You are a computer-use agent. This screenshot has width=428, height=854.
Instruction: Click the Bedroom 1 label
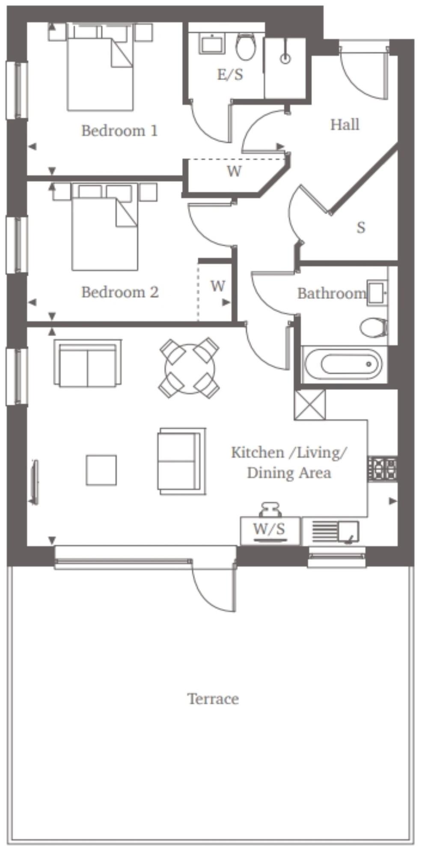pyautogui.click(x=119, y=131)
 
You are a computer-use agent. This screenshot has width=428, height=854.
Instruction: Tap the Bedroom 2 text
pyautogui.click(x=120, y=292)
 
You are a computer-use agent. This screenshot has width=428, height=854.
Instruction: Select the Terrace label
pyautogui.click(x=213, y=699)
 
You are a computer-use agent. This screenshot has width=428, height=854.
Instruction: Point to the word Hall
pyautogui.click(x=345, y=125)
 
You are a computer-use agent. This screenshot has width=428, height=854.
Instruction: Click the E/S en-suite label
pyautogui.click(x=230, y=75)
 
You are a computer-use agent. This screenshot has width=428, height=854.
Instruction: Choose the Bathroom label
pyautogui.click(x=332, y=293)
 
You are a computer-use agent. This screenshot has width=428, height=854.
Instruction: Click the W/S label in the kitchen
pyautogui.click(x=269, y=529)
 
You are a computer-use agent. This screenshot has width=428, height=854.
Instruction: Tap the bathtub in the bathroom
pyautogui.click(x=345, y=365)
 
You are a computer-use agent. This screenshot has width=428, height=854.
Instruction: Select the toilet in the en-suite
pyautogui.click(x=246, y=47)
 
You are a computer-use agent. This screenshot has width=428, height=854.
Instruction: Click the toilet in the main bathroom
pyautogui.click(x=374, y=328)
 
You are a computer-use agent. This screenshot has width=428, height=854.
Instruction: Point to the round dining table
pyautogui.click(x=190, y=368)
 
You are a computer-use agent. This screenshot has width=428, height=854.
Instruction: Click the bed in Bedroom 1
pyautogui.click(x=100, y=67)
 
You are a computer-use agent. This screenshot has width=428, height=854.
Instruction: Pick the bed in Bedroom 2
pyautogui.click(x=105, y=227)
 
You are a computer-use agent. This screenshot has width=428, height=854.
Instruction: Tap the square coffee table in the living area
pyautogui.click(x=101, y=470)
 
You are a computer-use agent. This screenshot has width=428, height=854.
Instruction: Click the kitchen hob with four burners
pyautogui.click(x=383, y=469)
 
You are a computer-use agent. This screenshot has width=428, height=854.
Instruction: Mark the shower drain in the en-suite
pyautogui.click(x=285, y=58)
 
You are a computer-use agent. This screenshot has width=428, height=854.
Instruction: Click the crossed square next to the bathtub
pyautogui.click(x=310, y=405)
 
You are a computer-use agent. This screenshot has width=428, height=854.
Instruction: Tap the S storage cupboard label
pyautogui.click(x=361, y=227)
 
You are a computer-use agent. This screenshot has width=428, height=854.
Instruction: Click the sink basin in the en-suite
pyautogui.click(x=213, y=44)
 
